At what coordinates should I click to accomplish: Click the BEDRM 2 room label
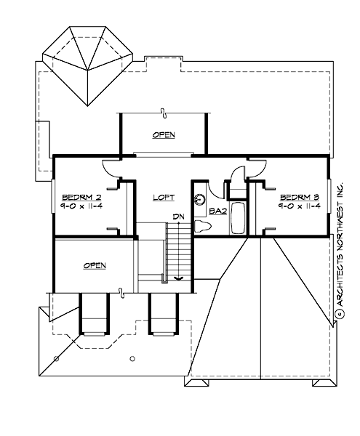(x=76, y=197)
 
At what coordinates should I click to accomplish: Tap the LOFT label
(x=163, y=197)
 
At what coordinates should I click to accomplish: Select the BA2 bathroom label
(x=217, y=211)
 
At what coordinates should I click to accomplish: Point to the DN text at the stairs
(x=177, y=216)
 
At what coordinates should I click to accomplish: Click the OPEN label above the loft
(x=164, y=135)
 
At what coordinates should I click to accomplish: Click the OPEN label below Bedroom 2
(x=95, y=266)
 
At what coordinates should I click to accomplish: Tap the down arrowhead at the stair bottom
(x=177, y=277)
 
